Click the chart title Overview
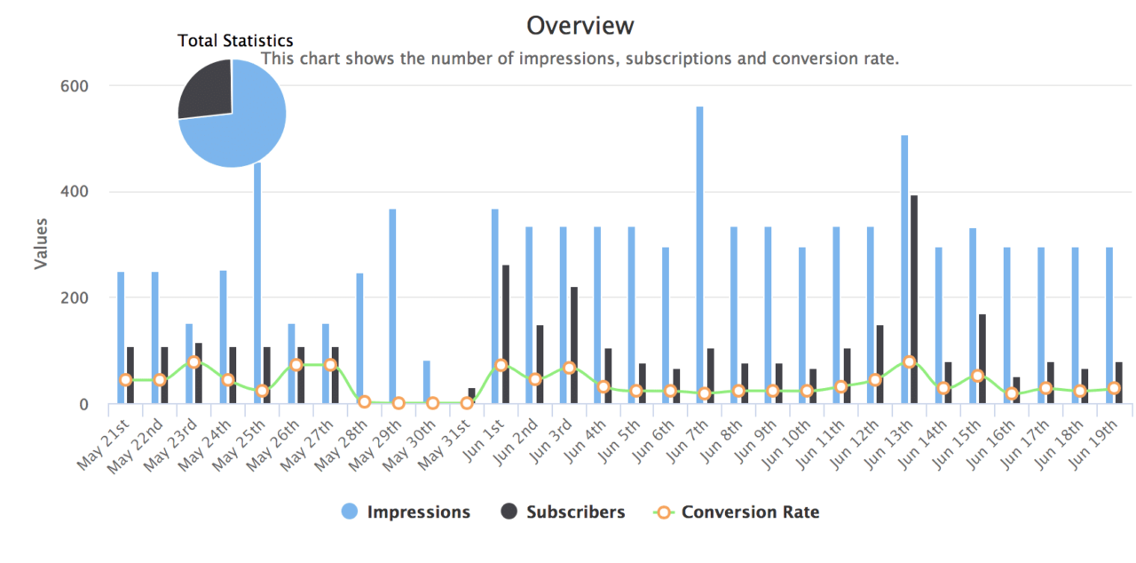click(580, 26)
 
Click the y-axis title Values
click(41, 244)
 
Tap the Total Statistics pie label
click(235, 41)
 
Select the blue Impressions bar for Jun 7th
click(699, 258)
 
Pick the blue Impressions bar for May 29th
click(392, 306)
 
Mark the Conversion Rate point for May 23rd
click(193, 362)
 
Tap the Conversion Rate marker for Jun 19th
click(1114, 388)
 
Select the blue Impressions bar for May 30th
click(426, 382)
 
